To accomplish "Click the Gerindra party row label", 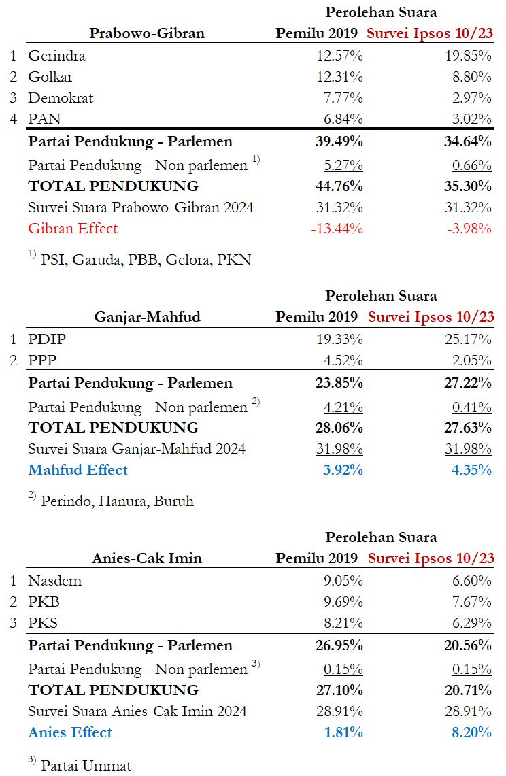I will point(56,56).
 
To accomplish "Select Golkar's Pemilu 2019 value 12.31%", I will point(337,77).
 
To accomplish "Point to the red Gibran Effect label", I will point(73,229).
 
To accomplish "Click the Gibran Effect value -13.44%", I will point(337,229).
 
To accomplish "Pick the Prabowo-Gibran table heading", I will point(147,33).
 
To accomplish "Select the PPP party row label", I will point(42,360).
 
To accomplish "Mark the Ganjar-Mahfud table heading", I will point(147,316).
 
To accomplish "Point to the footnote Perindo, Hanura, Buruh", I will point(117,501).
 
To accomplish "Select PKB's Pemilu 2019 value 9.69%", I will point(340,602).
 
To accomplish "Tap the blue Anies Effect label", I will point(70,732).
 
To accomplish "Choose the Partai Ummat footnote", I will point(86,764).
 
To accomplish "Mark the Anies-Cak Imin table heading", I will point(147,558).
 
